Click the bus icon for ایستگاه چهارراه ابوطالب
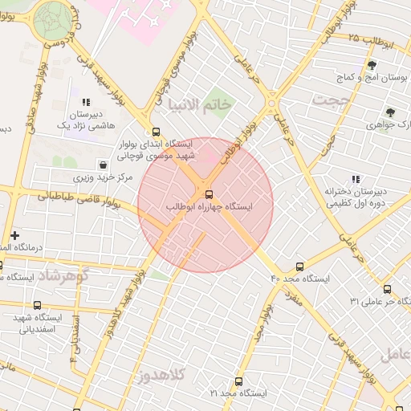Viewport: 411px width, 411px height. [210, 193]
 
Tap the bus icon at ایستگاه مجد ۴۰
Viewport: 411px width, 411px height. [300, 266]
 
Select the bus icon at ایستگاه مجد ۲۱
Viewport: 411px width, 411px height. [238, 381]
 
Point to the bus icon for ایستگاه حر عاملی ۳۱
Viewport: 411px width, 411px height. [386, 289]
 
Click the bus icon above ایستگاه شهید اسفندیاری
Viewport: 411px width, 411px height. [37, 303]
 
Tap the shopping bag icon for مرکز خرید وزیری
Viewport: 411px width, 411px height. [103, 165]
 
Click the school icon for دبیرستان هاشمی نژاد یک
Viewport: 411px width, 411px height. [84, 103]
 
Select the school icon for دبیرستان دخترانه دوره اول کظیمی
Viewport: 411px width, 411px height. [355, 179]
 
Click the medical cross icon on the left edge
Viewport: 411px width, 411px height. [14, 234]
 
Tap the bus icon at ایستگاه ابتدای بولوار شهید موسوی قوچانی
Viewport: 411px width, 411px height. [155, 132]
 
